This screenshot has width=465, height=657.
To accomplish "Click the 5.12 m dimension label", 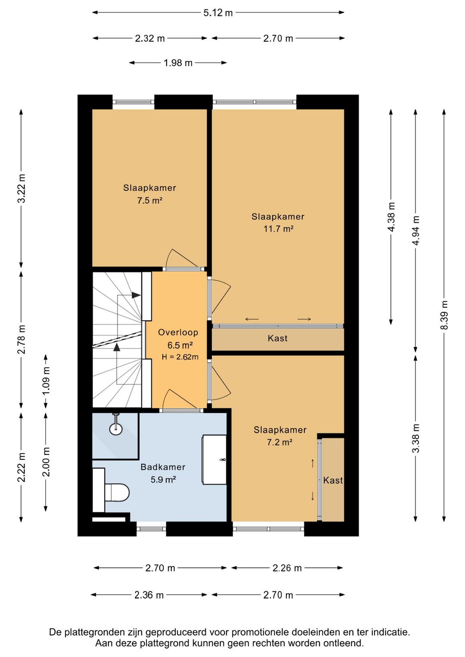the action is click(218, 13).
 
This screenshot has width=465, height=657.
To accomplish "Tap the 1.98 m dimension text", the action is click(178, 63).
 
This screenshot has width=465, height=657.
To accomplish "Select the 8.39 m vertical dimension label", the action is click(444, 315).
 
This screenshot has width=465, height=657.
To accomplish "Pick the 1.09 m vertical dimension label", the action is click(46, 381).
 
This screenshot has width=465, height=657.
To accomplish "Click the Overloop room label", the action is click(178, 332).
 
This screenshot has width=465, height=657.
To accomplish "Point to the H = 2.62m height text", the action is click(180, 357).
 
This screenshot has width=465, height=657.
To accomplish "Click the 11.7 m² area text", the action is click(278, 229).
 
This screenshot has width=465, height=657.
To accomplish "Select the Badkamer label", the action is click(163, 467).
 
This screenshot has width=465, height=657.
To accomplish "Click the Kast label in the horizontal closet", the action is click(278, 338).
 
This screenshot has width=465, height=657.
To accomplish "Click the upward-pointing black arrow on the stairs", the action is click(117, 347).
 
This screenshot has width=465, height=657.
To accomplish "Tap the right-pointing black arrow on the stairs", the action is click(136, 295).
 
